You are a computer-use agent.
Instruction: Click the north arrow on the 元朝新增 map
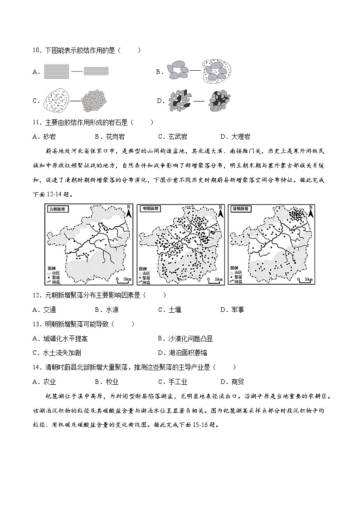(x=129, y=211)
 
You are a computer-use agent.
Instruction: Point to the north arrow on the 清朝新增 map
(x=311, y=211)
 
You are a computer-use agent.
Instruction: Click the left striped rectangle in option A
(x=57, y=71)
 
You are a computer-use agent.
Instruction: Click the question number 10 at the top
(x=37, y=50)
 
